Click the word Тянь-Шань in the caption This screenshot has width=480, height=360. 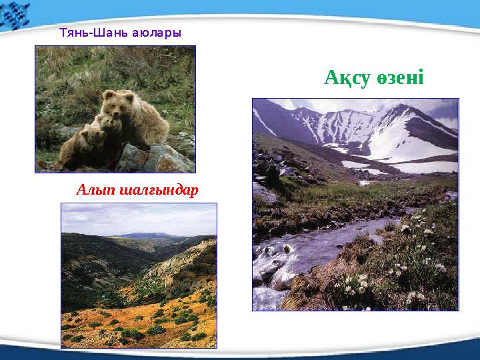point(88,31)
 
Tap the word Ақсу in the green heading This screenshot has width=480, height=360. point(347,78)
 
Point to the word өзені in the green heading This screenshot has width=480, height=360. point(398,78)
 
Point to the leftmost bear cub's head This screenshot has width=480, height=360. point(90,137)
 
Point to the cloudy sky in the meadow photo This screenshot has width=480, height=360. point(133,217)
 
